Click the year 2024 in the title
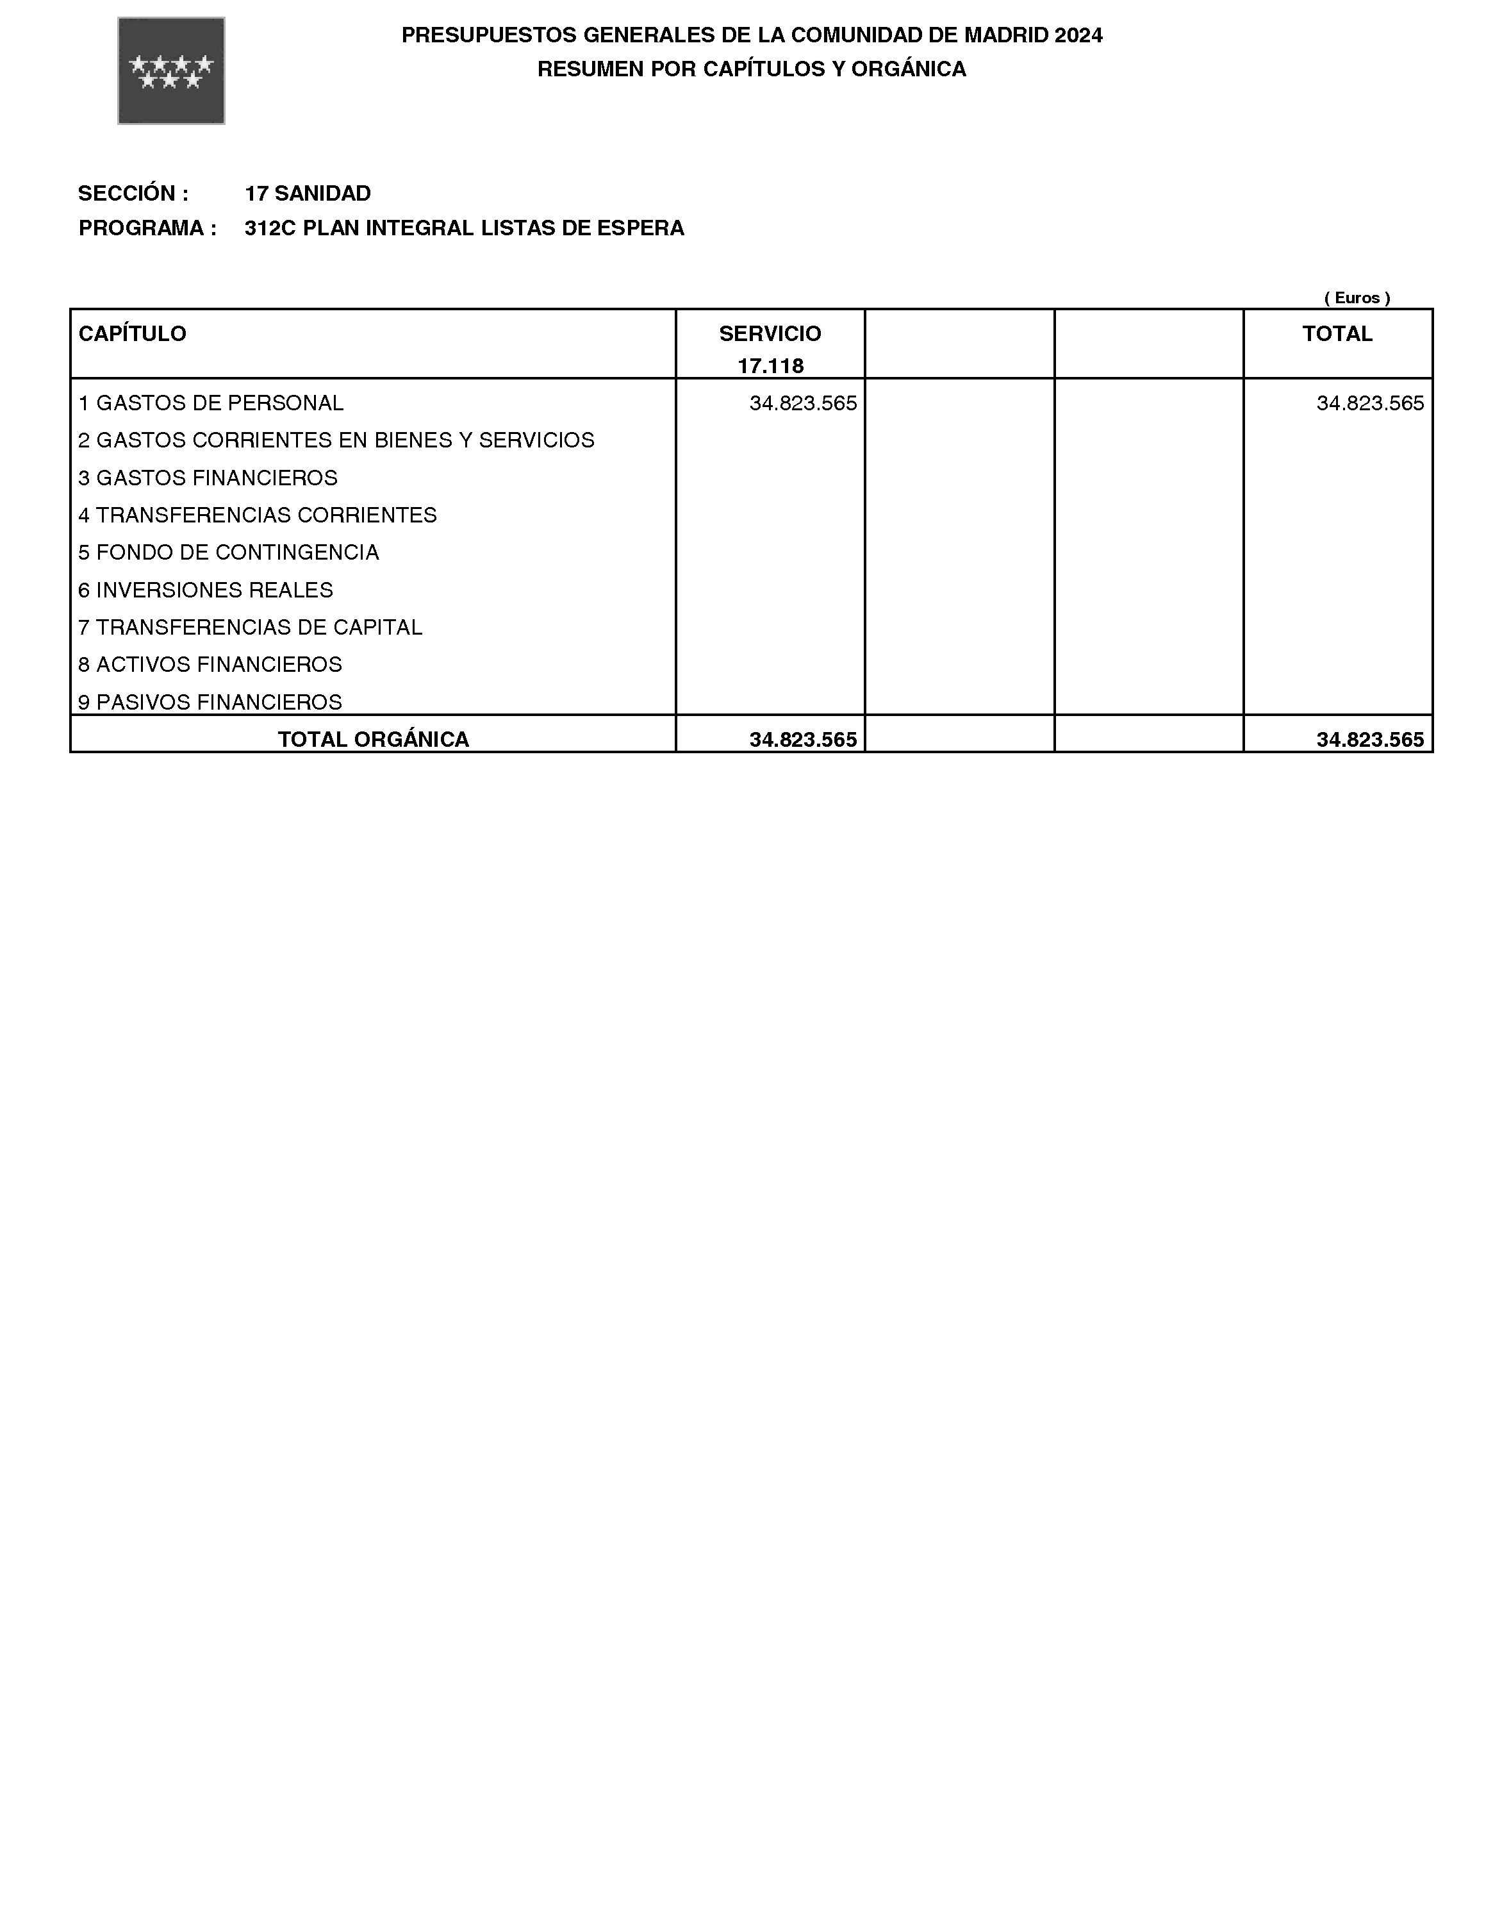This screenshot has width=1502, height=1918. pyautogui.click(x=1078, y=35)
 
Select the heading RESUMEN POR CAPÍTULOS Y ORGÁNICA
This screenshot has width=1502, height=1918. pyautogui.click(x=751, y=69)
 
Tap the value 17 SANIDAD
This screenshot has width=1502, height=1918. pyautogui.click(x=307, y=194)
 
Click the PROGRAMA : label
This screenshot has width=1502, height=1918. pyautogui.click(x=147, y=229)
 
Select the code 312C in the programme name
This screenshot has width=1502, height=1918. pyautogui.click(x=270, y=229)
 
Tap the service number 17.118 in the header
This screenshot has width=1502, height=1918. pyautogui.click(x=770, y=366)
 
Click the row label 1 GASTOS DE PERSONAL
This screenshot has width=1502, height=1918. pyautogui.click(x=211, y=403)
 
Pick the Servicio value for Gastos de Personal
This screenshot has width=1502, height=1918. pyautogui.click(x=803, y=403)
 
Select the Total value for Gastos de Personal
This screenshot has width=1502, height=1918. pyautogui.click(x=1369, y=403)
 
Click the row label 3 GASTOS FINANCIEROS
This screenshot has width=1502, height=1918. pyautogui.click(x=208, y=478)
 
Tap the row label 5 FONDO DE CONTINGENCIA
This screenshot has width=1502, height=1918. pyautogui.click(x=229, y=553)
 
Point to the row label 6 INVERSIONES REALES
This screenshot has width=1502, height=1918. pyautogui.click(x=206, y=590)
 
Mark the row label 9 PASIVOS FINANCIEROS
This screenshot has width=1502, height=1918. pyautogui.click(x=210, y=702)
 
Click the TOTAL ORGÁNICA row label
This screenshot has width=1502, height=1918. pyautogui.click(x=373, y=740)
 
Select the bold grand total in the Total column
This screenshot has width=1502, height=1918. pyautogui.click(x=1369, y=740)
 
